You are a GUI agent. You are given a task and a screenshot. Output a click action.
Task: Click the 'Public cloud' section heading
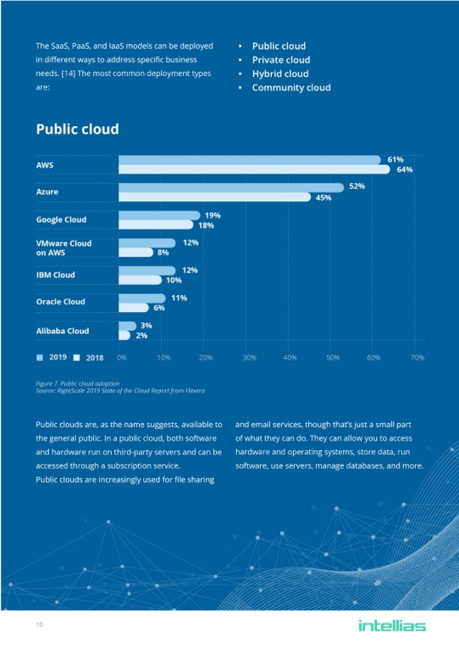coord(77,129)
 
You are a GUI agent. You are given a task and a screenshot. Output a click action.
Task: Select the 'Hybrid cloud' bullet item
coord(280,74)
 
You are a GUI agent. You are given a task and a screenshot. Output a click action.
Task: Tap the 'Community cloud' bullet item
coord(291,87)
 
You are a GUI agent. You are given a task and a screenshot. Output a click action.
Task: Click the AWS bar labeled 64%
coord(254,169)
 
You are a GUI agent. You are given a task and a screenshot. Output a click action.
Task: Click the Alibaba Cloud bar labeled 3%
coord(127,326)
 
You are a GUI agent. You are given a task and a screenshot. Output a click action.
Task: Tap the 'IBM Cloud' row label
coord(55,275)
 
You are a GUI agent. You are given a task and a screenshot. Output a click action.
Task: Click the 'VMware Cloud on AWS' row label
coord(64,247)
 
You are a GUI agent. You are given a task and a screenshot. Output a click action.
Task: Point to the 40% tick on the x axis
coord(290,358)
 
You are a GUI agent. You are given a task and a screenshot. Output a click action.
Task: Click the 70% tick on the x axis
coord(417,358)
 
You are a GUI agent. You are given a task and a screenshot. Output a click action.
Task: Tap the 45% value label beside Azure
coord(323,198)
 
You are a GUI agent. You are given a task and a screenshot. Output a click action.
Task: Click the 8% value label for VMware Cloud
coord(163,252)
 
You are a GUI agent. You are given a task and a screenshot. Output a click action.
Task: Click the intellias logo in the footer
coord(392,626)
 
